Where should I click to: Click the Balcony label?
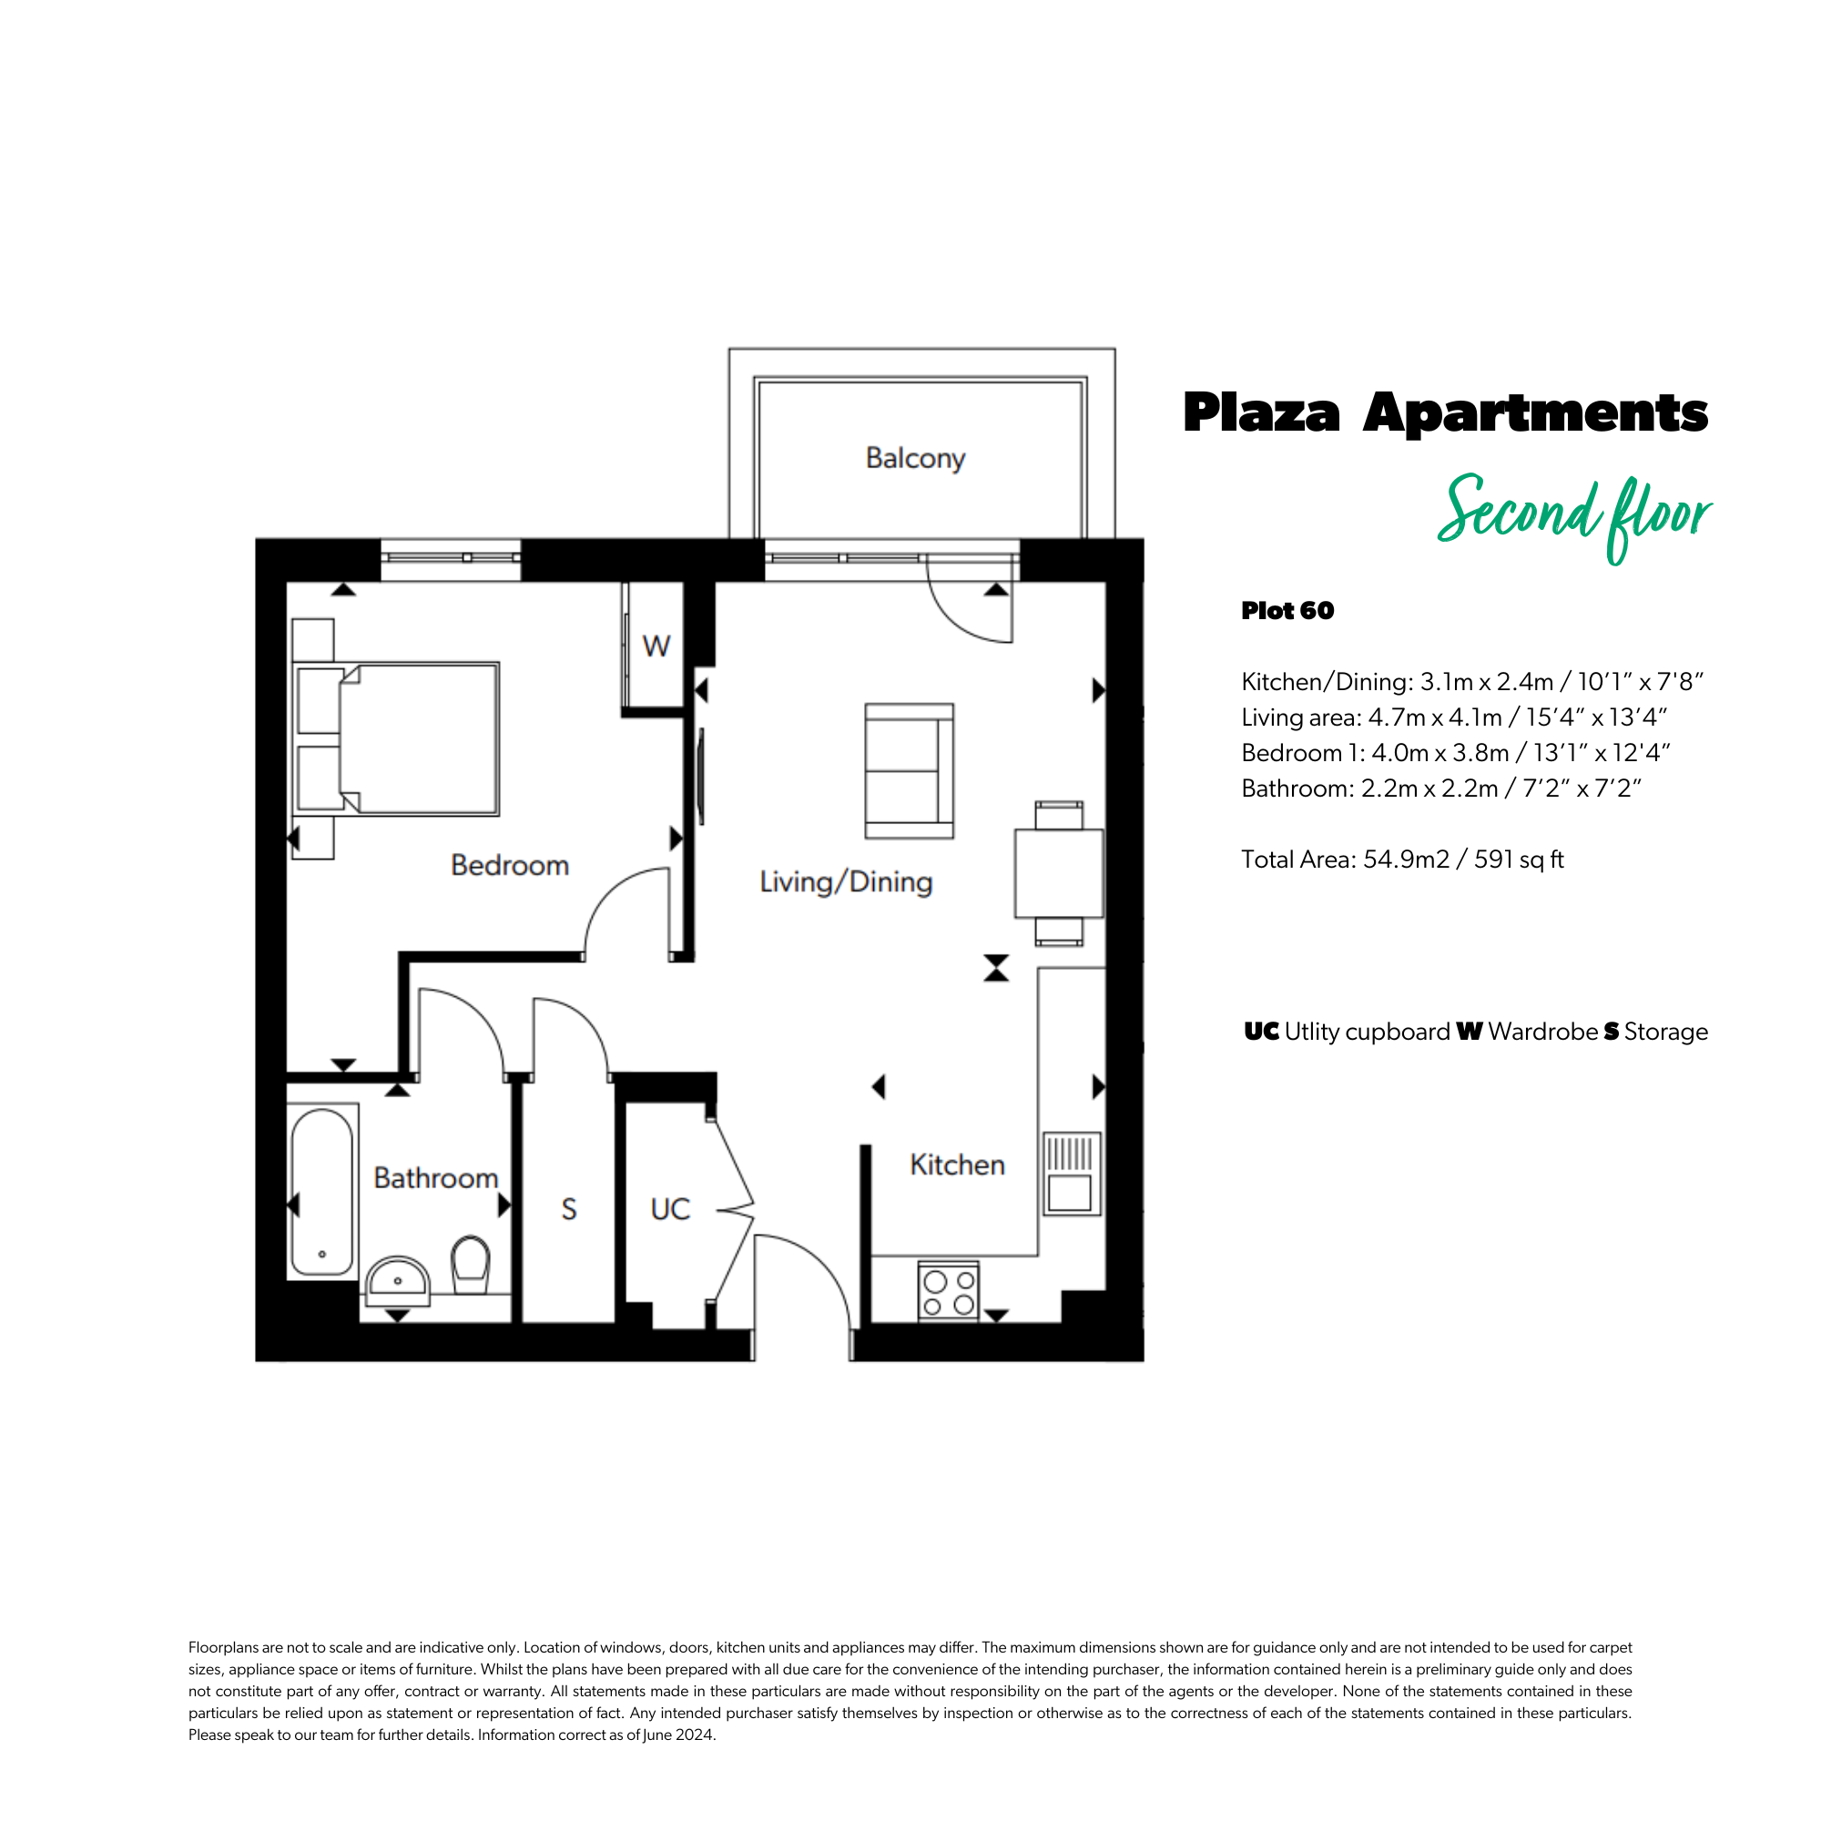[915, 459]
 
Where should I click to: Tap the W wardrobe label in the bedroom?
[656, 646]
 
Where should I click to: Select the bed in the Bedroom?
[396, 739]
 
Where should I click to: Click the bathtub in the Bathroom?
[322, 1191]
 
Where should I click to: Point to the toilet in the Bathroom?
[471, 1265]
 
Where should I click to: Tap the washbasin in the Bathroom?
[397, 1280]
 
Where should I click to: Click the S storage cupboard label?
[568, 1209]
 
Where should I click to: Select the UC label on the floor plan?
[670, 1209]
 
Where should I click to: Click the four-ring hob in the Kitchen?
[948, 1292]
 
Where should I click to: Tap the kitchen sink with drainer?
[1072, 1174]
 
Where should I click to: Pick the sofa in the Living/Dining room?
[910, 771]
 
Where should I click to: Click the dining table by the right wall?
[1059, 873]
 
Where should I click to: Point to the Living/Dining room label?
[846, 882]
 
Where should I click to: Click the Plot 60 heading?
[1287, 611]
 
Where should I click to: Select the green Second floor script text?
[1574, 516]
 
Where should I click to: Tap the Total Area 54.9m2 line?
[1402, 860]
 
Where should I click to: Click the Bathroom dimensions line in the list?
[1441, 788]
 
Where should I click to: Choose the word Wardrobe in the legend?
[1543, 1033]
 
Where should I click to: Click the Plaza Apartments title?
[1446, 412]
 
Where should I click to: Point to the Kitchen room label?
[958, 1165]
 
